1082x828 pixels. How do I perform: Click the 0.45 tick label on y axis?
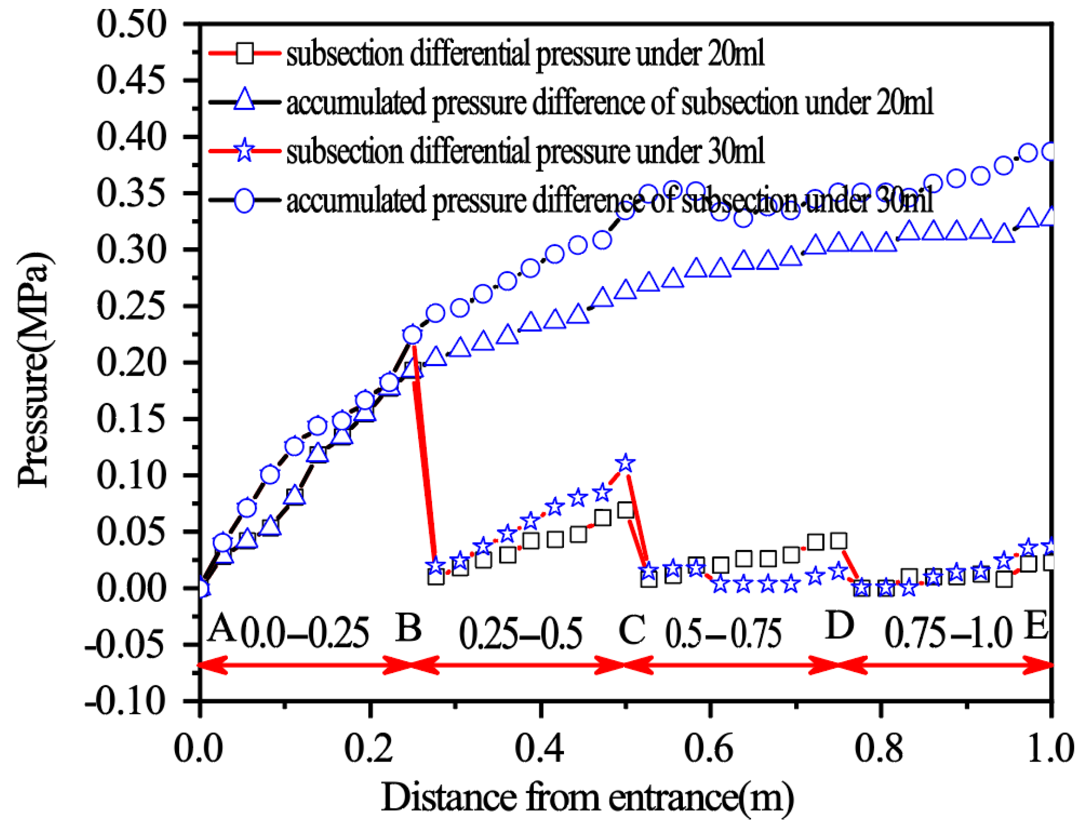coord(130,80)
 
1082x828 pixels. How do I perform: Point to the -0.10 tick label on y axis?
coord(125,702)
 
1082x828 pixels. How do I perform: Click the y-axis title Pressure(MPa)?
coord(33,370)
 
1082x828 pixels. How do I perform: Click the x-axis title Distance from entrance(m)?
coord(587,798)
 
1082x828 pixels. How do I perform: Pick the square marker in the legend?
coord(245,53)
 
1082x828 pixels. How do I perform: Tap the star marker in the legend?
coord(245,150)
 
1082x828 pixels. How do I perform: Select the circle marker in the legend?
coord(245,200)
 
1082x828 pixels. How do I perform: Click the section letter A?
coord(221,628)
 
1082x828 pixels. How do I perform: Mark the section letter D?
coord(839,625)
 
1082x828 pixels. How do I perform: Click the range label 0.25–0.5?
coord(521,633)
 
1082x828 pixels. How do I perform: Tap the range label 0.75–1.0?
coord(948,633)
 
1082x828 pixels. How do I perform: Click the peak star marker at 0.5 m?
coord(625,463)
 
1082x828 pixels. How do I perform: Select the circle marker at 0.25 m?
coord(412,335)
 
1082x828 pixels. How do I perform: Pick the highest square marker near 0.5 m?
coord(625,510)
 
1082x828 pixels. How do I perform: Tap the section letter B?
coord(409,628)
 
